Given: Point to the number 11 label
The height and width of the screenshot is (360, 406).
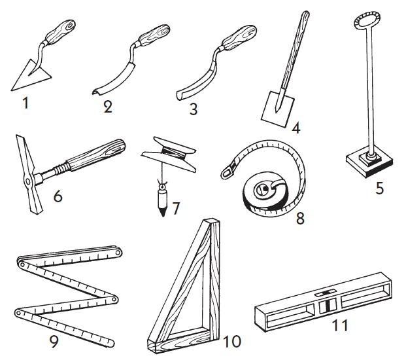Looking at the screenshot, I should coord(339,324).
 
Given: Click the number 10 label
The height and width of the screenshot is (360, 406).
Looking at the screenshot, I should coord(231,341).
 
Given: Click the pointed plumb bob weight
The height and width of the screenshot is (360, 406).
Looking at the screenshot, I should coord(160,199).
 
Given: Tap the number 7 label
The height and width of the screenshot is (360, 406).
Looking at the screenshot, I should coord(175,209).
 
